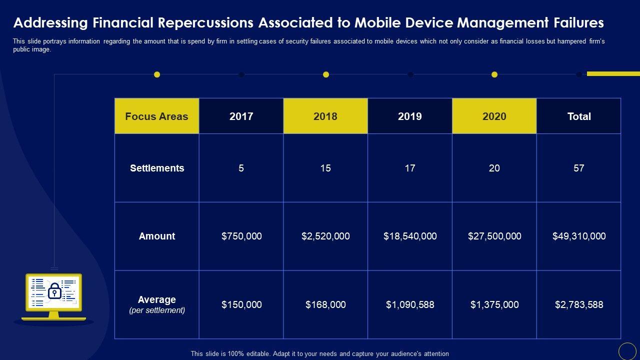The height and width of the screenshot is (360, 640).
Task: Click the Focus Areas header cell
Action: pos(156,116)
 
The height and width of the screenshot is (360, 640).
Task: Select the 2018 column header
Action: pos(325,116)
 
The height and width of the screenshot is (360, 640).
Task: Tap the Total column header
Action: pos(579,116)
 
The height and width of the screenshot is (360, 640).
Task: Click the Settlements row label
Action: pos(157,168)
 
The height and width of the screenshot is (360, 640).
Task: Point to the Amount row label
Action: pos(157,236)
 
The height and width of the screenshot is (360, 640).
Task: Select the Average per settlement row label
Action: pos(157,304)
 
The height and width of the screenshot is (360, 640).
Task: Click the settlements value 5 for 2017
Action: pos(241,168)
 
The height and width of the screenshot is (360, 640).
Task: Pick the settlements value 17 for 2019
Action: pos(410,168)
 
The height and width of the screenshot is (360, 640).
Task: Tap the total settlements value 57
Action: pos(579,168)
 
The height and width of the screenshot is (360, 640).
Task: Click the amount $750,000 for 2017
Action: pos(241,236)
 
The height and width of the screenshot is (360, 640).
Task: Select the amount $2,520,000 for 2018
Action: pos(325,236)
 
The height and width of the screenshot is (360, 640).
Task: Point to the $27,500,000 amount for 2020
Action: pos(494,236)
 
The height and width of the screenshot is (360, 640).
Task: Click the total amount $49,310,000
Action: pos(579,236)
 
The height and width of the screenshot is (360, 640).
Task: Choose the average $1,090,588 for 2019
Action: pos(410,304)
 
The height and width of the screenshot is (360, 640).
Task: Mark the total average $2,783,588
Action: pos(579,304)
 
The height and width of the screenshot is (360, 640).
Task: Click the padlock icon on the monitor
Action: pos(54,291)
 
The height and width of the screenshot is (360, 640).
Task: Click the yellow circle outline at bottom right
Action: pos(627,351)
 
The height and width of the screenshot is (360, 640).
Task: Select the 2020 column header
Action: pos(494,116)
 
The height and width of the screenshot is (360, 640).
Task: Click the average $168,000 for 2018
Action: pos(325,304)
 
